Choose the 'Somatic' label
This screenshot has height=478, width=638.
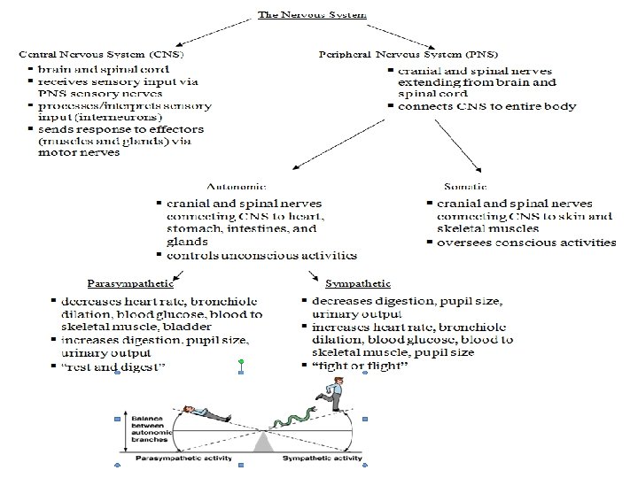463,187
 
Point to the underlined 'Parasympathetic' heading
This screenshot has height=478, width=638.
125,284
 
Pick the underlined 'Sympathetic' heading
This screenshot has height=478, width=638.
358,284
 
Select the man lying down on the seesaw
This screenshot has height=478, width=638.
205,412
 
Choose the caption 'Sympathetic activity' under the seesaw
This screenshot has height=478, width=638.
323,459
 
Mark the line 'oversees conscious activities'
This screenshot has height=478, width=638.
526,242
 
